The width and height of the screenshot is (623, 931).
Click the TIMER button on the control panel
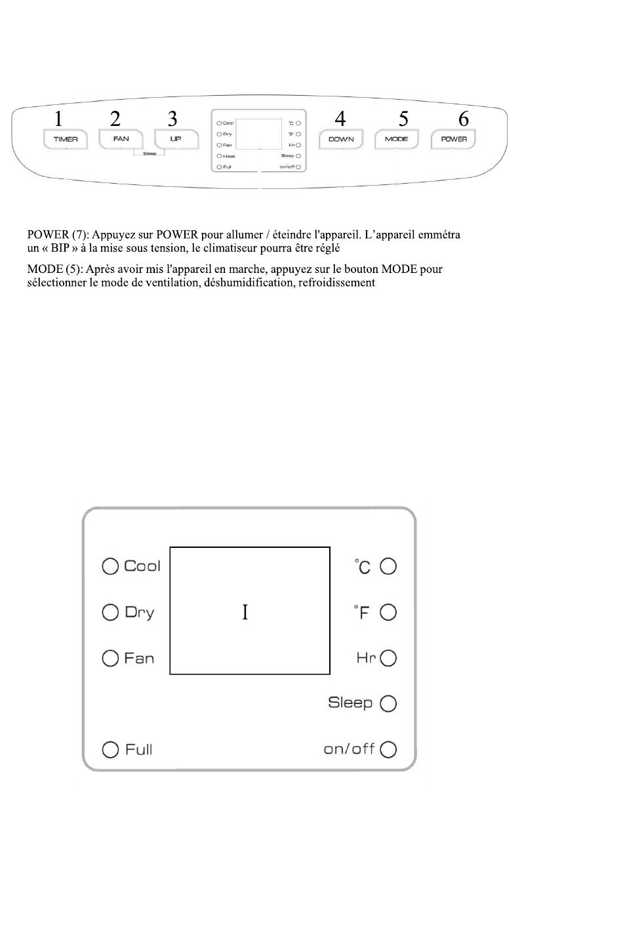tap(66, 139)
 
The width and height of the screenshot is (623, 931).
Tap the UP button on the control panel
tap(176, 139)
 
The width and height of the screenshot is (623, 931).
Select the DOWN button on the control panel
tap(341, 139)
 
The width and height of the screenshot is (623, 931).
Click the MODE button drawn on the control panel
tap(396, 139)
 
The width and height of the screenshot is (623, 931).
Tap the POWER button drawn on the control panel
tap(454, 139)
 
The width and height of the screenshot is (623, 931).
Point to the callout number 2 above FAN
tap(115, 119)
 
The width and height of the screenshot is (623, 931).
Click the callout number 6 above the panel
tap(464, 119)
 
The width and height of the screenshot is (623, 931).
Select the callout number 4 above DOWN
tap(340, 119)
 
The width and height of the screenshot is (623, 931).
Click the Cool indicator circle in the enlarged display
tap(110, 566)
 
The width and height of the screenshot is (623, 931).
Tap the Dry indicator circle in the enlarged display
tap(110, 612)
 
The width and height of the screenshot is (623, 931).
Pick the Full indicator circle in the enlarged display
tap(110, 749)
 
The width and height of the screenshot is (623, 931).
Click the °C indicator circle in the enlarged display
tap(388, 566)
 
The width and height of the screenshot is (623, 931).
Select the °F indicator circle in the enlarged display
tap(388, 612)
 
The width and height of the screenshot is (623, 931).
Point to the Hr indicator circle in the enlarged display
tap(388, 658)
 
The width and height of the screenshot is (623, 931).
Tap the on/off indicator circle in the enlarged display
tap(388, 749)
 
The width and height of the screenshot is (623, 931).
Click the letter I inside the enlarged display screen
tap(245, 612)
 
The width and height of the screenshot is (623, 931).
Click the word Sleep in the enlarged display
tap(350, 703)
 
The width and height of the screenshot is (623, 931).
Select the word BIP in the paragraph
tap(60, 249)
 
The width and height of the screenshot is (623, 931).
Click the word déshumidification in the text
tap(250, 283)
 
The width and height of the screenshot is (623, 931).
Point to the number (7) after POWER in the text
tap(80, 235)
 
